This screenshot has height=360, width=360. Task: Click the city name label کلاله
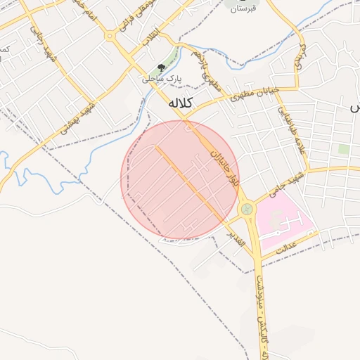(x=180, y=103)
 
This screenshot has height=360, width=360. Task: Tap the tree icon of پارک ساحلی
(x=162, y=68)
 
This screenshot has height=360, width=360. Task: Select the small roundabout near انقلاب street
(x=110, y=35)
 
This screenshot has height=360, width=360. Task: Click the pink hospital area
(x=281, y=218)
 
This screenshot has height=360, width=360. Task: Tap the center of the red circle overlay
(x=180, y=180)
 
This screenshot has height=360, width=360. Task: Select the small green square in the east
(x=343, y=149)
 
